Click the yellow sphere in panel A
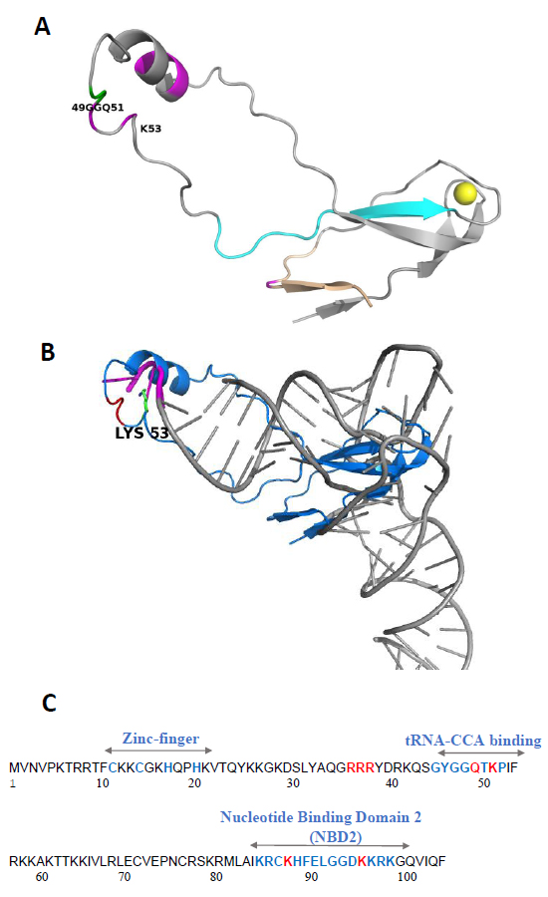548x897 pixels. coord(464,192)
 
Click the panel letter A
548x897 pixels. coord(42,26)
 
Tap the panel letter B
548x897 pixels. coord(47,351)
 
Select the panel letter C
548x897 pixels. coord(49,703)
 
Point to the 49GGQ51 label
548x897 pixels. coord(98,107)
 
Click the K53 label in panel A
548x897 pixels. coord(151,129)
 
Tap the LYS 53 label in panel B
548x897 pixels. coord(141,434)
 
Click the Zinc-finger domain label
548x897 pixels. coord(160,739)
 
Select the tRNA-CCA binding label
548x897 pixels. coord(473,741)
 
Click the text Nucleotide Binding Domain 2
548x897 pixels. coord(321,817)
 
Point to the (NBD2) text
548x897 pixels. coord(336,837)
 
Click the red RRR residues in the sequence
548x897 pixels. coord(361,767)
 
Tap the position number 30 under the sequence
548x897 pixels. coord(293,783)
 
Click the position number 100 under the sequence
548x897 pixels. coord(407,877)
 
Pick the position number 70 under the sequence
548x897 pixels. coord(125,877)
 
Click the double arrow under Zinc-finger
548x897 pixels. coord(158,749)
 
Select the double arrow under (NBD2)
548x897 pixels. coord(330,845)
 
